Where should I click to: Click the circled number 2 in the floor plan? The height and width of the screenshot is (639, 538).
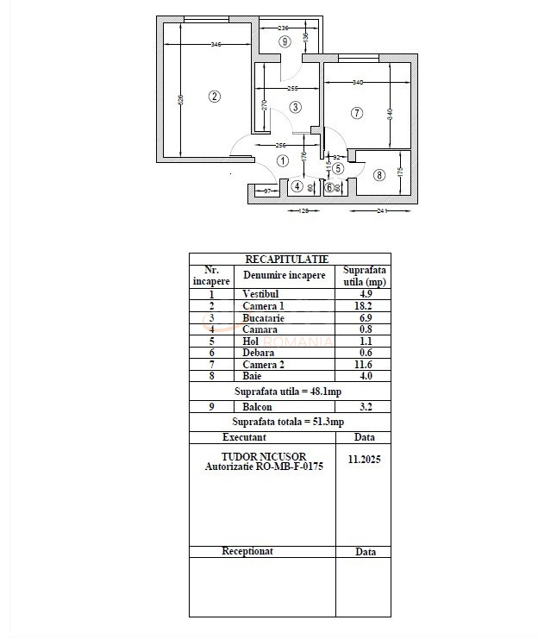215,97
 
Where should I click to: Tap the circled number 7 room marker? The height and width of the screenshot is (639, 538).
356,113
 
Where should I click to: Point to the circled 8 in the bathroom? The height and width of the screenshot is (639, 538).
379,175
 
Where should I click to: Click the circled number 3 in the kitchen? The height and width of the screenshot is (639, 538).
295,107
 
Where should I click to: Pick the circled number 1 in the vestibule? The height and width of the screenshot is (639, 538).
283,160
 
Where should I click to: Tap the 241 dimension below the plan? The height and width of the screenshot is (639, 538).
384,210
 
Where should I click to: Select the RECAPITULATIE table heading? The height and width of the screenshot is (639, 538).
286,259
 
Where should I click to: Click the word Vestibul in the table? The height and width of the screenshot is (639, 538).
260,294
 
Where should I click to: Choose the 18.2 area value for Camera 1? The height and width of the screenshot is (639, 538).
363,306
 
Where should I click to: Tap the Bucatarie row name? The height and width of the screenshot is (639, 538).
263,318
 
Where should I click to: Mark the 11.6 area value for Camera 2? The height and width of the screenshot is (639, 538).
363,365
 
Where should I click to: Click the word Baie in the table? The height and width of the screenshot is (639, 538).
252,376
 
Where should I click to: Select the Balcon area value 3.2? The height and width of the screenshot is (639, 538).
363,406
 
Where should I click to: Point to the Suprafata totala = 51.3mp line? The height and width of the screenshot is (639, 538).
288,422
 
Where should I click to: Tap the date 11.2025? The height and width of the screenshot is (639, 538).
364,460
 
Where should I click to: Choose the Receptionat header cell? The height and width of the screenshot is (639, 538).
247,551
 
